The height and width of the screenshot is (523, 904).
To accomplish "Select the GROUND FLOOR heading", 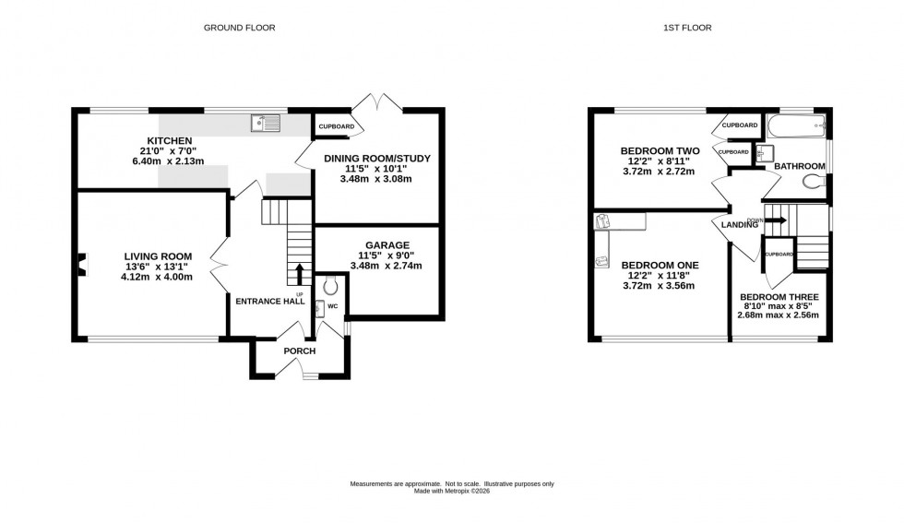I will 239,28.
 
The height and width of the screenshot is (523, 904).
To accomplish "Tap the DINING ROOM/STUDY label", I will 377,159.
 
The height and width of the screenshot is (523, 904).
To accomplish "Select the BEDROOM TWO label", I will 660,150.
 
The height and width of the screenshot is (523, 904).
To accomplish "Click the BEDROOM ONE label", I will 660,266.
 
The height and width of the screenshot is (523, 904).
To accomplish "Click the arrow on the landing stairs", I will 775,220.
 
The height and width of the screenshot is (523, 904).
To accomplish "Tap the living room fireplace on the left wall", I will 81,265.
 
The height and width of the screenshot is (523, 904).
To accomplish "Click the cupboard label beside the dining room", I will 335,126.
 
